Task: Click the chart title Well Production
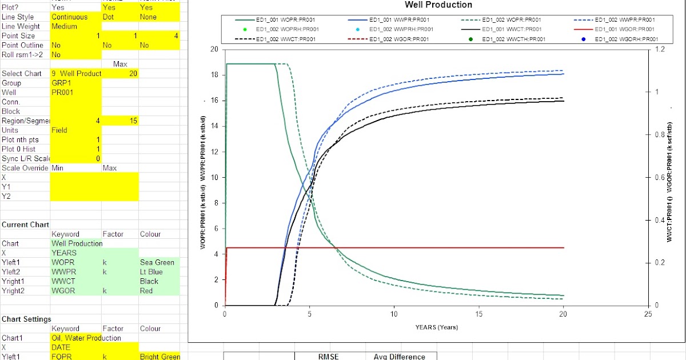(x=438, y=5)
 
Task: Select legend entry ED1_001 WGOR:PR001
(x=625, y=29)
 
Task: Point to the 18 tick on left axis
(x=214, y=75)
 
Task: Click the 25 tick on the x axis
(x=647, y=314)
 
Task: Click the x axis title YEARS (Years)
(x=437, y=327)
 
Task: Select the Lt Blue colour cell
(x=152, y=272)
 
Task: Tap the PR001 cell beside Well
(x=62, y=92)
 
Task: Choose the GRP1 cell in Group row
(x=61, y=83)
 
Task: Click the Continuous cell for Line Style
(x=69, y=17)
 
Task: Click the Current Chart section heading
(x=25, y=225)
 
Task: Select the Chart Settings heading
(x=26, y=319)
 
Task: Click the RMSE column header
(x=328, y=357)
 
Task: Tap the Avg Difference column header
(x=399, y=357)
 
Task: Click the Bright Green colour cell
(x=159, y=357)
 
